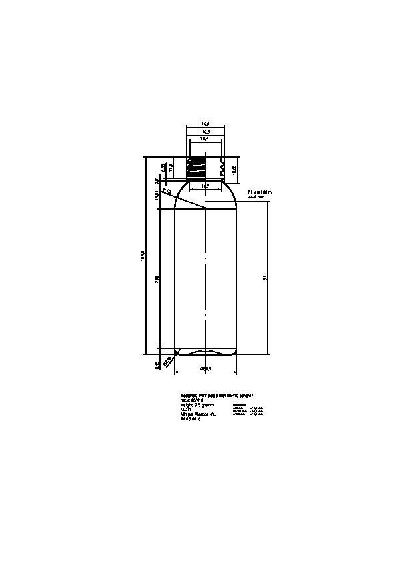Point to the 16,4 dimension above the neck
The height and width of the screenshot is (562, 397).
point(206,139)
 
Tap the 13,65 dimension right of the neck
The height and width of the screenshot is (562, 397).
point(234,170)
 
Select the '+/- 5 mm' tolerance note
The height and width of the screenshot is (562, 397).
point(256,197)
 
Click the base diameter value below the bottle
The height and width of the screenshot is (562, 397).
point(206,368)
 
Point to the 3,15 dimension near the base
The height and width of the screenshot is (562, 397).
point(157,364)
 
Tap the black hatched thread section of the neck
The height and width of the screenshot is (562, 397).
point(195,168)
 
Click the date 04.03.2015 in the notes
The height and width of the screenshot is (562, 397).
point(191,420)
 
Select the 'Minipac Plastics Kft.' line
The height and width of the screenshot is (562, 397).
point(199,414)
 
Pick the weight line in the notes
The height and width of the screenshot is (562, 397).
point(195,405)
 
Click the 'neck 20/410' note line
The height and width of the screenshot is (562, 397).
point(191,400)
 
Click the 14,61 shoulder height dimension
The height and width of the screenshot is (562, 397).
point(156,198)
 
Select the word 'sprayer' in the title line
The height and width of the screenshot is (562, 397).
point(244,396)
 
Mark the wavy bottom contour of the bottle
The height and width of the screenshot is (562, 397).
point(206,352)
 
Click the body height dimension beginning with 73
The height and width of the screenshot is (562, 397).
point(157,278)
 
